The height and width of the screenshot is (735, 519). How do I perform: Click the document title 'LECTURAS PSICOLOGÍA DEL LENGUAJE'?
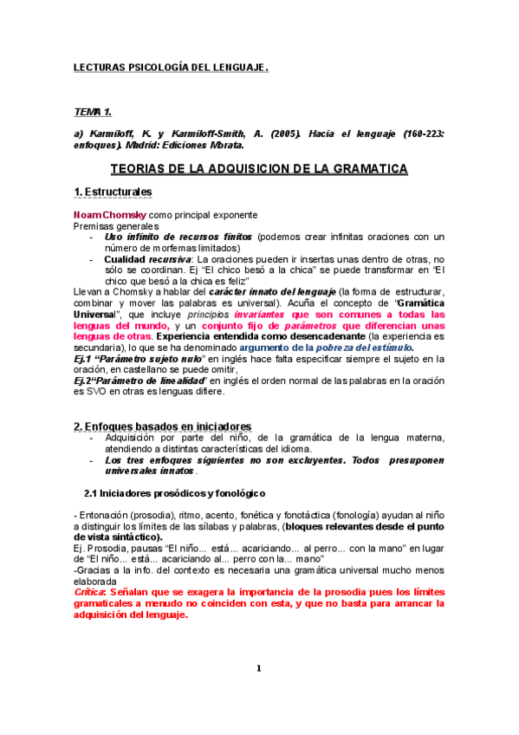point(170,67)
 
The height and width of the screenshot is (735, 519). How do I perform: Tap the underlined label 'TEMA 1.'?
point(93,112)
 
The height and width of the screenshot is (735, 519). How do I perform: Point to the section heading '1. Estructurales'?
point(113,192)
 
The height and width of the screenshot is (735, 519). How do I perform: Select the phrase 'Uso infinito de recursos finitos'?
point(178,237)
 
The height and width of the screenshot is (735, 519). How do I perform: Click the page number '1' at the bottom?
point(259,667)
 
